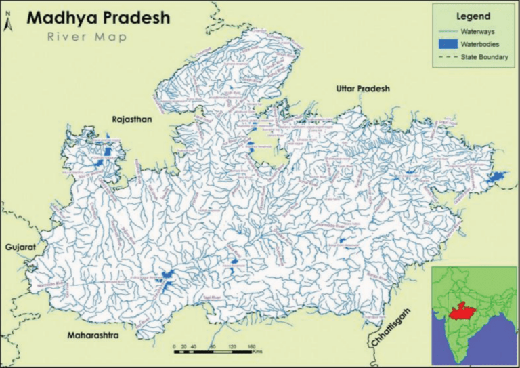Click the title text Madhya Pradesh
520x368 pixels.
[x=98, y=18]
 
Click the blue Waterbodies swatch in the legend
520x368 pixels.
[x=446, y=44]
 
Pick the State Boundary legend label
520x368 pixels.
[x=483, y=57]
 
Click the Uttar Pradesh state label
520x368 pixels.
[x=364, y=89]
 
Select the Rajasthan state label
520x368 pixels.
[x=133, y=119]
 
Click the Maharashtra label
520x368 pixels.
[x=93, y=335]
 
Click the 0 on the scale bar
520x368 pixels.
[x=175, y=346]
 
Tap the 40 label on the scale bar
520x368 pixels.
[x=195, y=346]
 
